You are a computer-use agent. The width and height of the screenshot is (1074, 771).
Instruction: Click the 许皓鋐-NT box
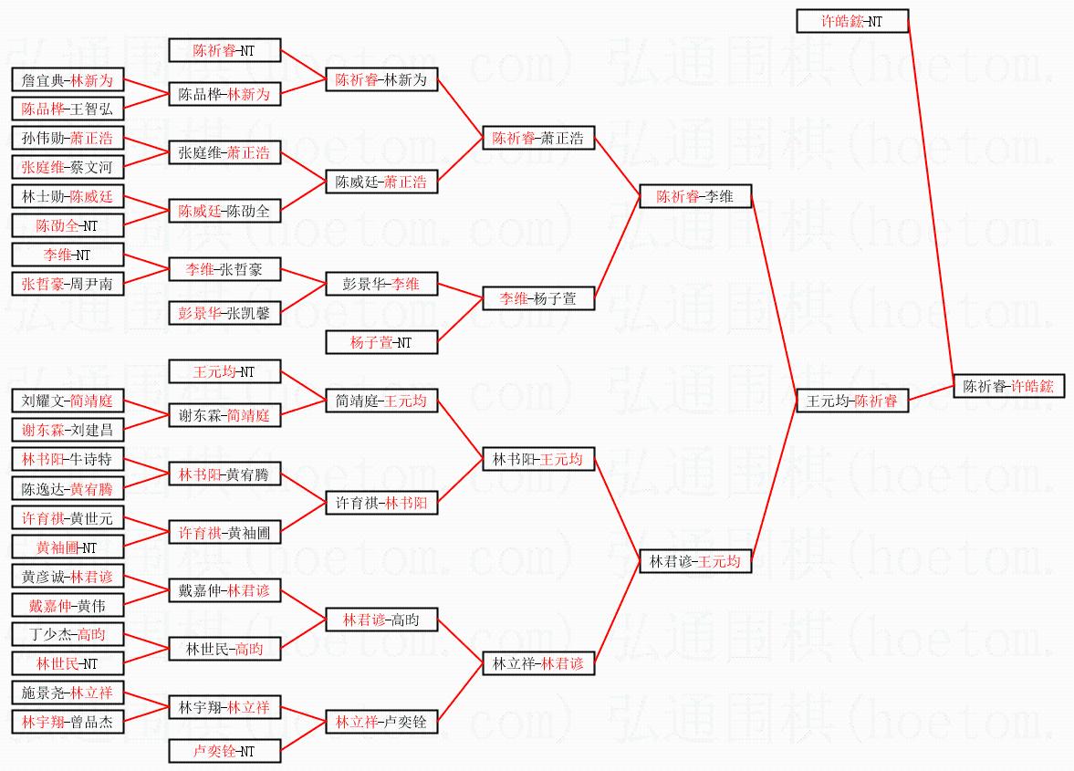pyautogui.click(x=852, y=21)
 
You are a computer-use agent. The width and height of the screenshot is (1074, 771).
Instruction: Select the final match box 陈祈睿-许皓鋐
pyautogui.click(x=1009, y=386)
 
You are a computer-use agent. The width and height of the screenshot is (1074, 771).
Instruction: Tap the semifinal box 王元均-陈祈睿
pyautogui.click(x=852, y=401)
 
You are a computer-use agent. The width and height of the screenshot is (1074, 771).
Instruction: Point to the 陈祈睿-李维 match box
pyautogui.click(x=694, y=196)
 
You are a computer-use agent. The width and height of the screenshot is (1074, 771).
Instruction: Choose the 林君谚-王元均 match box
pyautogui.click(x=694, y=561)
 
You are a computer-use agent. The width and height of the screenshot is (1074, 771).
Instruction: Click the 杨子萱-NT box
pyautogui.click(x=381, y=342)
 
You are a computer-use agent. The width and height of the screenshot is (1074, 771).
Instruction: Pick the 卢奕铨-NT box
pyautogui.click(x=224, y=751)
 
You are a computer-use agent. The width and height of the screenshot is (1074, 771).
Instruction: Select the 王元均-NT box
pyautogui.click(x=224, y=371)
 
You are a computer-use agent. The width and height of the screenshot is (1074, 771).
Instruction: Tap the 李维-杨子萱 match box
pyautogui.click(x=538, y=298)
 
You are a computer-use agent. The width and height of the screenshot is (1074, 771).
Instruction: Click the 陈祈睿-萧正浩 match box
pyautogui.click(x=538, y=139)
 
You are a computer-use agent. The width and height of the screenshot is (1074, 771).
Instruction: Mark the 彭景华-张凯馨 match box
pyautogui.click(x=224, y=313)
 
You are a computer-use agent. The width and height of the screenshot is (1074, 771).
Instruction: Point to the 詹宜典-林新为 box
pyautogui.click(x=68, y=80)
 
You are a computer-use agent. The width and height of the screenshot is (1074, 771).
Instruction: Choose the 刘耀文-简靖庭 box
pyautogui.click(x=68, y=401)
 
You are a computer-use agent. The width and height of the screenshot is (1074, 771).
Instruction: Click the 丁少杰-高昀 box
pyautogui.click(x=68, y=634)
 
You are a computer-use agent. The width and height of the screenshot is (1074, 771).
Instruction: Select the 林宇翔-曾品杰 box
pyautogui.click(x=68, y=722)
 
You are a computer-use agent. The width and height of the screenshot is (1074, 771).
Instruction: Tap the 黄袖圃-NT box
pyautogui.click(x=68, y=547)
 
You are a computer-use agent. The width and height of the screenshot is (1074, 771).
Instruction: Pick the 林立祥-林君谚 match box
pyautogui.click(x=538, y=663)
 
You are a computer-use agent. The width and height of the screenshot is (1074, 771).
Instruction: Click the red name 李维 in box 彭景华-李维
pyautogui.click(x=405, y=284)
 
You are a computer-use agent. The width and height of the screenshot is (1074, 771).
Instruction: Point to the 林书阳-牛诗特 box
pyautogui.click(x=68, y=459)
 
